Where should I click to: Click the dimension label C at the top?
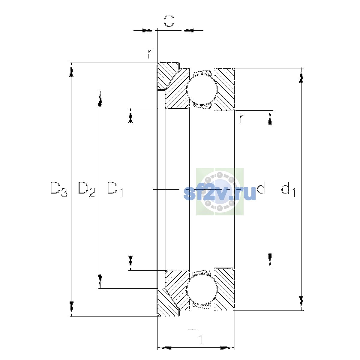click(169, 21)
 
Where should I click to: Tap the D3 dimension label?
click(59, 189)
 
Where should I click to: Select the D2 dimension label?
click(87, 189)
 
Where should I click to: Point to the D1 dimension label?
click(115, 189)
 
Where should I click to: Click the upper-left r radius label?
click(150, 54)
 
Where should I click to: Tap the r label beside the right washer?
click(241, 118)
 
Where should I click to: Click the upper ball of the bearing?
click(202, 89)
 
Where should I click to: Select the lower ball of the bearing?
click(202, 289)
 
